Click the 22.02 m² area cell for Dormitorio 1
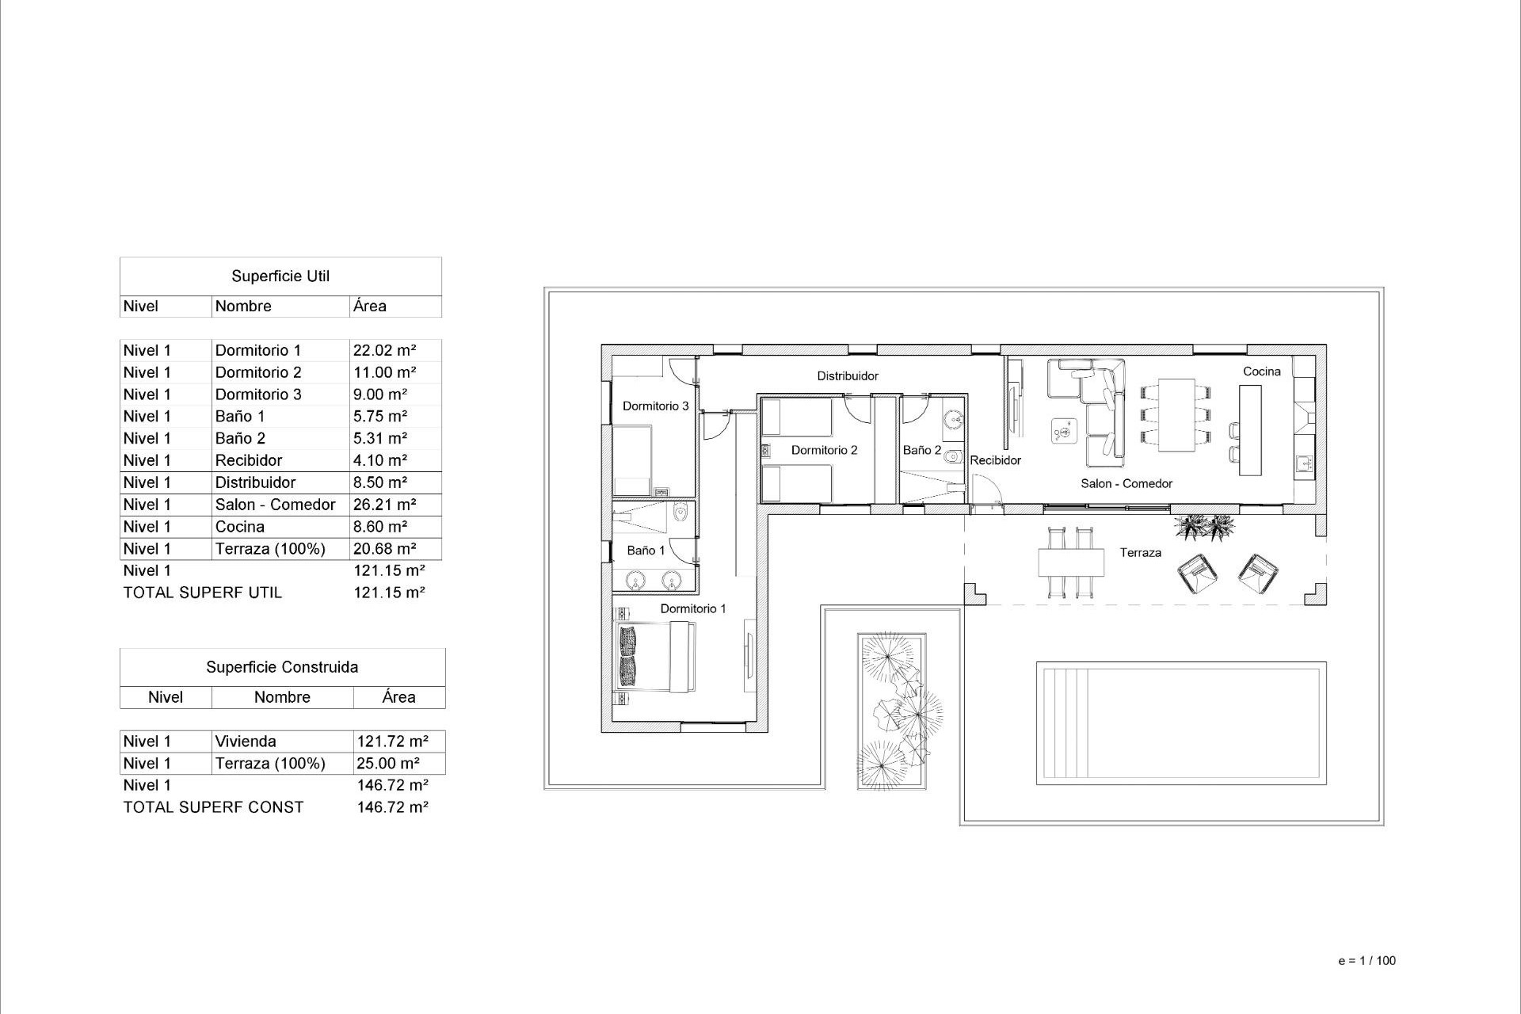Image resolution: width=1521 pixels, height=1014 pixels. (x=385, y=350)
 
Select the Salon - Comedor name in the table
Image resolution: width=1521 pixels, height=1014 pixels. (x=275, y=505)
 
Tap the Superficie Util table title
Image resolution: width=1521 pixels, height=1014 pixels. (x=280, y=276)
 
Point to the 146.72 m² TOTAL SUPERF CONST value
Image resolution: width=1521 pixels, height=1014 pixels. (x=393, y=807)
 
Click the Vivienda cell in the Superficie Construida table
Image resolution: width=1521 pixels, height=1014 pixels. (x=246, y=741)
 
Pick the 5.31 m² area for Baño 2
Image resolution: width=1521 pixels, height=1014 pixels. (x=380, y=438)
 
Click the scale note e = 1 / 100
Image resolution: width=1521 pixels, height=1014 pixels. (x=1367, y=961)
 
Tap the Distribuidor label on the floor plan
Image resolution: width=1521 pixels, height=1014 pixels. (x=848, y=376)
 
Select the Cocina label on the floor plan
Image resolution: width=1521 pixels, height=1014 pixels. (x=1261, y=372)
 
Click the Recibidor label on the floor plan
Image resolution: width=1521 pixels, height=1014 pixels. (x=995, y=460)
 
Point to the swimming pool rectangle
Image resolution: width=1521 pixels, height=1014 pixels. (x=1180, y=723)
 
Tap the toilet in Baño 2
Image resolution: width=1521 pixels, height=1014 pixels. (x=953, y=456)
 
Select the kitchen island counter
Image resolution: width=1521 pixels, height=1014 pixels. (x=1250, y=430)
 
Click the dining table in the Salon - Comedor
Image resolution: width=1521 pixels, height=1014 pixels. (x=1176, y=415)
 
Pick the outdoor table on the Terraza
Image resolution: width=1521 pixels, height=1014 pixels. (x=1071, y=562)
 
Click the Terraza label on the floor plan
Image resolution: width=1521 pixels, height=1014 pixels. (x=1140, y=553)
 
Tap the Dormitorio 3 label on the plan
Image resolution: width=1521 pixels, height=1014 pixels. (x=655, y=406)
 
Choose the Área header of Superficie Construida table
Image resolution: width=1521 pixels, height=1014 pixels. (x=398, y=697)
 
